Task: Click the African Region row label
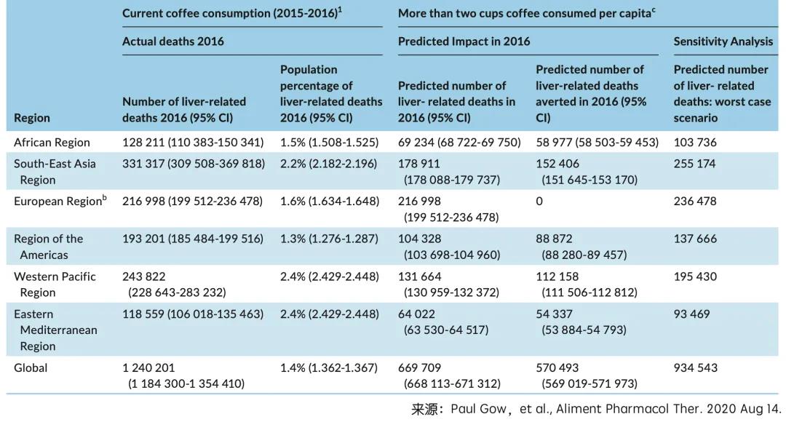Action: [52, 143]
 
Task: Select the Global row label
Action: [31, 368]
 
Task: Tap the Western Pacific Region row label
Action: [55, 284]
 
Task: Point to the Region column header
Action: [32, 118]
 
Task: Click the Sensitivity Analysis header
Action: [723, 41]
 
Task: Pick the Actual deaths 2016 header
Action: [173, 41]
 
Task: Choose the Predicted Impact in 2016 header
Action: [464, 41]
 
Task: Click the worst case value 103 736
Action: [695, 143]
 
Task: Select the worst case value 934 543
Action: [695, 368]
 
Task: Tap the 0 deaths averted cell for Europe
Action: [539, 202]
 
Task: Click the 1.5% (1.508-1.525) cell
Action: [329, 143]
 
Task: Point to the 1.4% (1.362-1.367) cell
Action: [329, 368]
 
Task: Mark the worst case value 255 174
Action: [695, 164]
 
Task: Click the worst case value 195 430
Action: [695, 276]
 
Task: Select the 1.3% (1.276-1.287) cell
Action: [329, 239]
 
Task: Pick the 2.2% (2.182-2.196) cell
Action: [329, 164]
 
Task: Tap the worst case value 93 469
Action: [692, 314]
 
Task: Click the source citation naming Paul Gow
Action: [596, 409]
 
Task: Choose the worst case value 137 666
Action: [695, 239]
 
